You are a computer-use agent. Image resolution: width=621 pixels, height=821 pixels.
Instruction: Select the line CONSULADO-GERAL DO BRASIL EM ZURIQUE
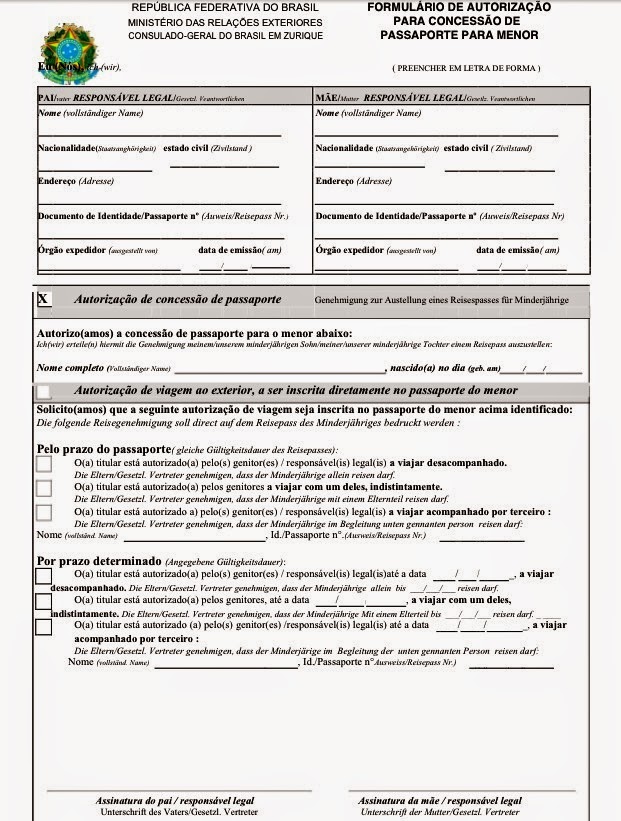point(225,36)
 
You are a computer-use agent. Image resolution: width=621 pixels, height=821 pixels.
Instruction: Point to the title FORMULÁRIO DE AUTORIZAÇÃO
point(458,7)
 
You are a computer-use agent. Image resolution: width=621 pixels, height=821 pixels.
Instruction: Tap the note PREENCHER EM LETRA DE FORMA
point(466,68)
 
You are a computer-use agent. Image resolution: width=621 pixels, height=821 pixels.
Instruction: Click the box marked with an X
point(43,300)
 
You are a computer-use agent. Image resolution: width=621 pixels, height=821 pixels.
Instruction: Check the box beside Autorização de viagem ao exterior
point(43,392)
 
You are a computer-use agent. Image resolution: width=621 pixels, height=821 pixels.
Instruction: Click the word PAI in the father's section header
point(45,99)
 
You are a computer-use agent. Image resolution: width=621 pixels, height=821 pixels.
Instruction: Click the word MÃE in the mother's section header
point(325,99)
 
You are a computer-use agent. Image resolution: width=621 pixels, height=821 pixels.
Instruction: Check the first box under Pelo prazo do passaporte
point(43,465)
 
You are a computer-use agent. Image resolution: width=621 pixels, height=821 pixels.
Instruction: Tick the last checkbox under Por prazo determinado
point(43,628)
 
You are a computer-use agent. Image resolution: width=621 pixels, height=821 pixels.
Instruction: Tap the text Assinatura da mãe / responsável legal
point(439,801)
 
